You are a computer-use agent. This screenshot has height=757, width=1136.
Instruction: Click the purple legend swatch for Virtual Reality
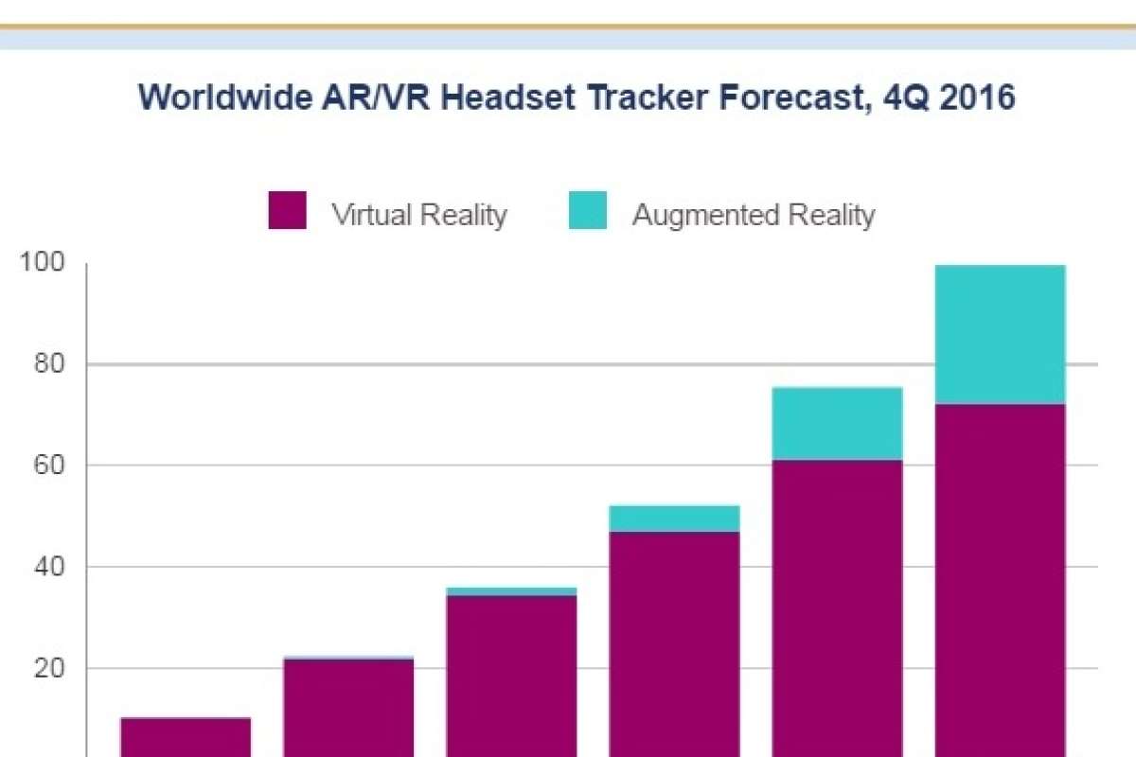click(288, 210)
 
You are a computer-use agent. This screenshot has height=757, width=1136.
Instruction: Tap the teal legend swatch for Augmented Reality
click(588, 210)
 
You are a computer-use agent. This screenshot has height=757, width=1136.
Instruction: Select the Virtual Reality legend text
click(418, 215)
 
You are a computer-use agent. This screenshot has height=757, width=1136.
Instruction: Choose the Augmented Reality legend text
click(754, 215)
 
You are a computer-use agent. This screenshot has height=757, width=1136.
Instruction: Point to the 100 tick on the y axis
click(42, 264)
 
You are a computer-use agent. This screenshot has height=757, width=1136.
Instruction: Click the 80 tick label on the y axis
click(47, 364)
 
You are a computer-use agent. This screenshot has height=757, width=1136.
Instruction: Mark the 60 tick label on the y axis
click(47, 466)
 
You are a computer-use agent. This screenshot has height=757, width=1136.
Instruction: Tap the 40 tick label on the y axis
click(47, 567)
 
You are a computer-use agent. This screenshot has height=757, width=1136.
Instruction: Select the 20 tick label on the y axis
click(47, 668)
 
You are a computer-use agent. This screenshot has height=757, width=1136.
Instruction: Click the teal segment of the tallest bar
click(1000, 334)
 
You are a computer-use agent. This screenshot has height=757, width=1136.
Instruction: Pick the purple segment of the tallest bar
click(1000, 577)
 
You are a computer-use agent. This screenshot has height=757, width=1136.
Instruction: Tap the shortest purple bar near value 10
click(186, 737)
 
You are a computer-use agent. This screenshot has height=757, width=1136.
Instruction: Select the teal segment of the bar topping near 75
click(837, 423)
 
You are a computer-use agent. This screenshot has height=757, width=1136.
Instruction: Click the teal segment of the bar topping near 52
click(674, 519)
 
